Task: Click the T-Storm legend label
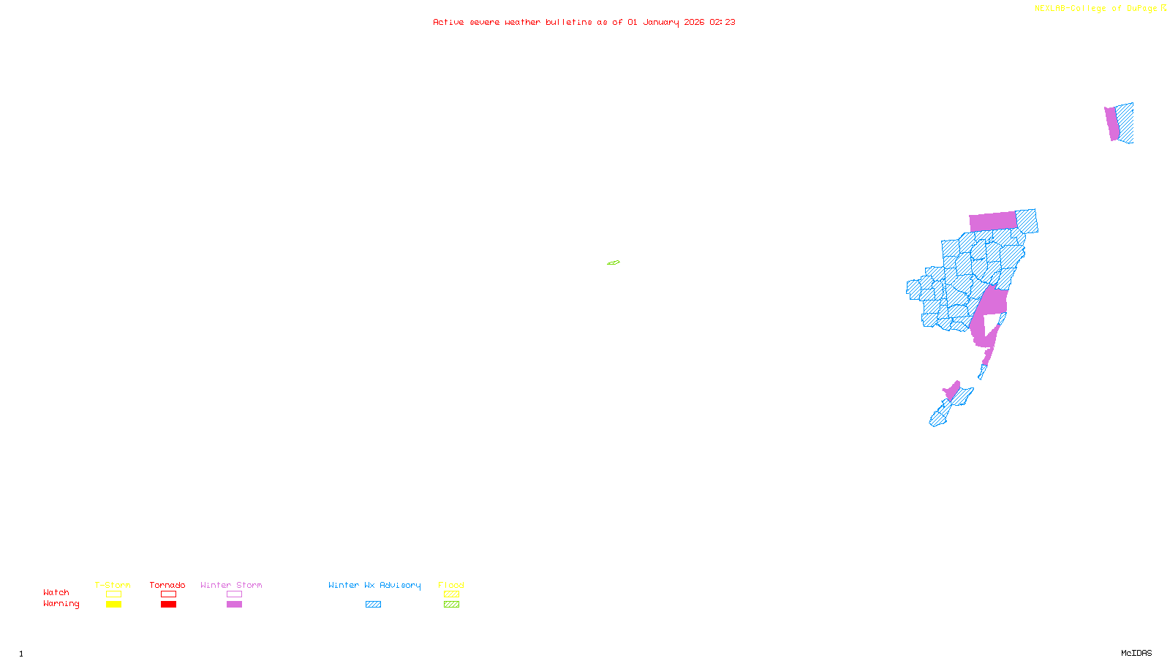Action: pos(113,585)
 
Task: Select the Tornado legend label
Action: pos(167,585)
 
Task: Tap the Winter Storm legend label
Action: pos(231,585)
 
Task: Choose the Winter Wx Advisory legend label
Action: pos(374,585)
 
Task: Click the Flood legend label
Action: pos(451,585)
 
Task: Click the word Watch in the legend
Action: pos(56,592)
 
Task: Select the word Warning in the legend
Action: pos(61,604)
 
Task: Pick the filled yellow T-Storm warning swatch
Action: pos(113,605)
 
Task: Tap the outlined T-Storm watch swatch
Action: pos(113,594)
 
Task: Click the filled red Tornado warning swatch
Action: pos(168,605)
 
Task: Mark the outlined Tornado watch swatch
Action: pos(168,594)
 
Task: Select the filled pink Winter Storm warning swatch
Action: pos(234,605)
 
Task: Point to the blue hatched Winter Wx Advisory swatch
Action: pos(373,605)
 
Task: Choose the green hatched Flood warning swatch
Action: pos(451,605)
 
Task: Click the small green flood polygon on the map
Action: pos(614,262)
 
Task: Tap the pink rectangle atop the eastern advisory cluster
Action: pos(992,221)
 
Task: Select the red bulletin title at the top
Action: pos(584,22)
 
